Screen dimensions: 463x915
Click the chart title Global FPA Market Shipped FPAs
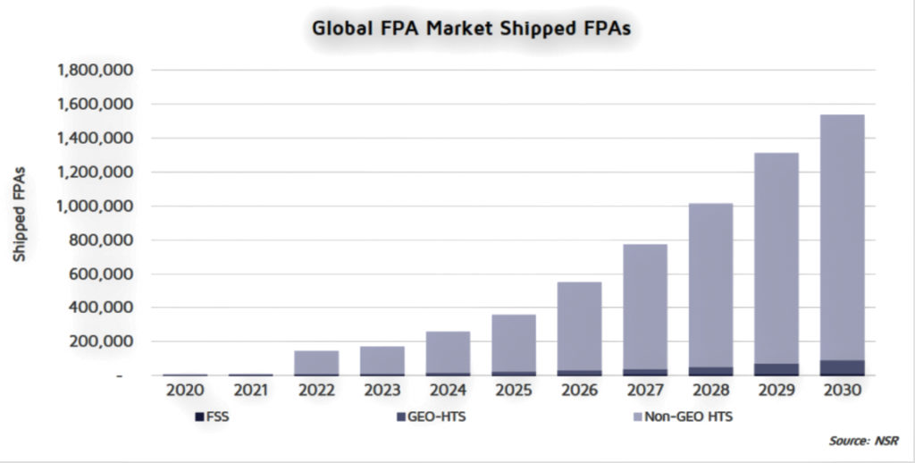point(471,27)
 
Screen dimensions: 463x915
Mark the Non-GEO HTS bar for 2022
point(317,362)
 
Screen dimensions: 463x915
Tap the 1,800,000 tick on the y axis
point(95,71)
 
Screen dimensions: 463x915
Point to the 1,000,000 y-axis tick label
point(95,206)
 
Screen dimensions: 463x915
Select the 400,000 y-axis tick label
point(102,307)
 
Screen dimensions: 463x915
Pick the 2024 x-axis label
point(449,391)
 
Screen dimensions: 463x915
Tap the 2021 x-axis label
point(251,391)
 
